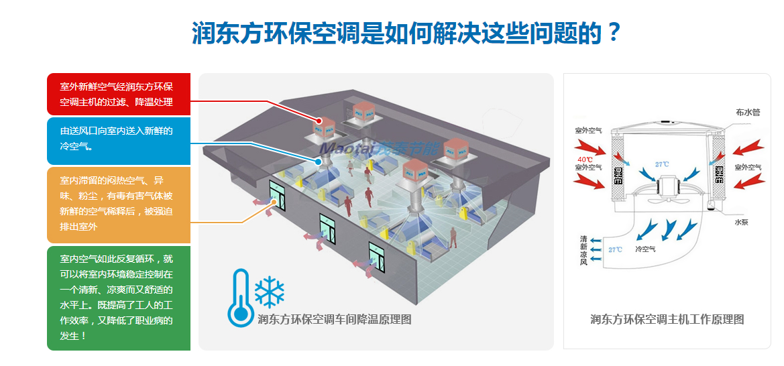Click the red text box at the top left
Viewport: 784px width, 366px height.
pos(119,94)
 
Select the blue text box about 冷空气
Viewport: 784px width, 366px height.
pos(119,141)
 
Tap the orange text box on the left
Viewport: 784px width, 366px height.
pos(119,204)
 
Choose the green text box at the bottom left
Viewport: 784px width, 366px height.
pos(119,298)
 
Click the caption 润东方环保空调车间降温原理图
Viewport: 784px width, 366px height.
pos(334,320)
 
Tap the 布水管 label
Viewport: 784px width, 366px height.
pos(747,113)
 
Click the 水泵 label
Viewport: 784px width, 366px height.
pos(741,222)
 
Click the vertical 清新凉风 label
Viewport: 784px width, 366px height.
pos(583,250)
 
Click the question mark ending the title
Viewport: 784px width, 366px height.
pos(610,33)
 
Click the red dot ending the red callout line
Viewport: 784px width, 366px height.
pos(320,121)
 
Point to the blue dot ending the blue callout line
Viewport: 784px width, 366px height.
pos(318,161)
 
